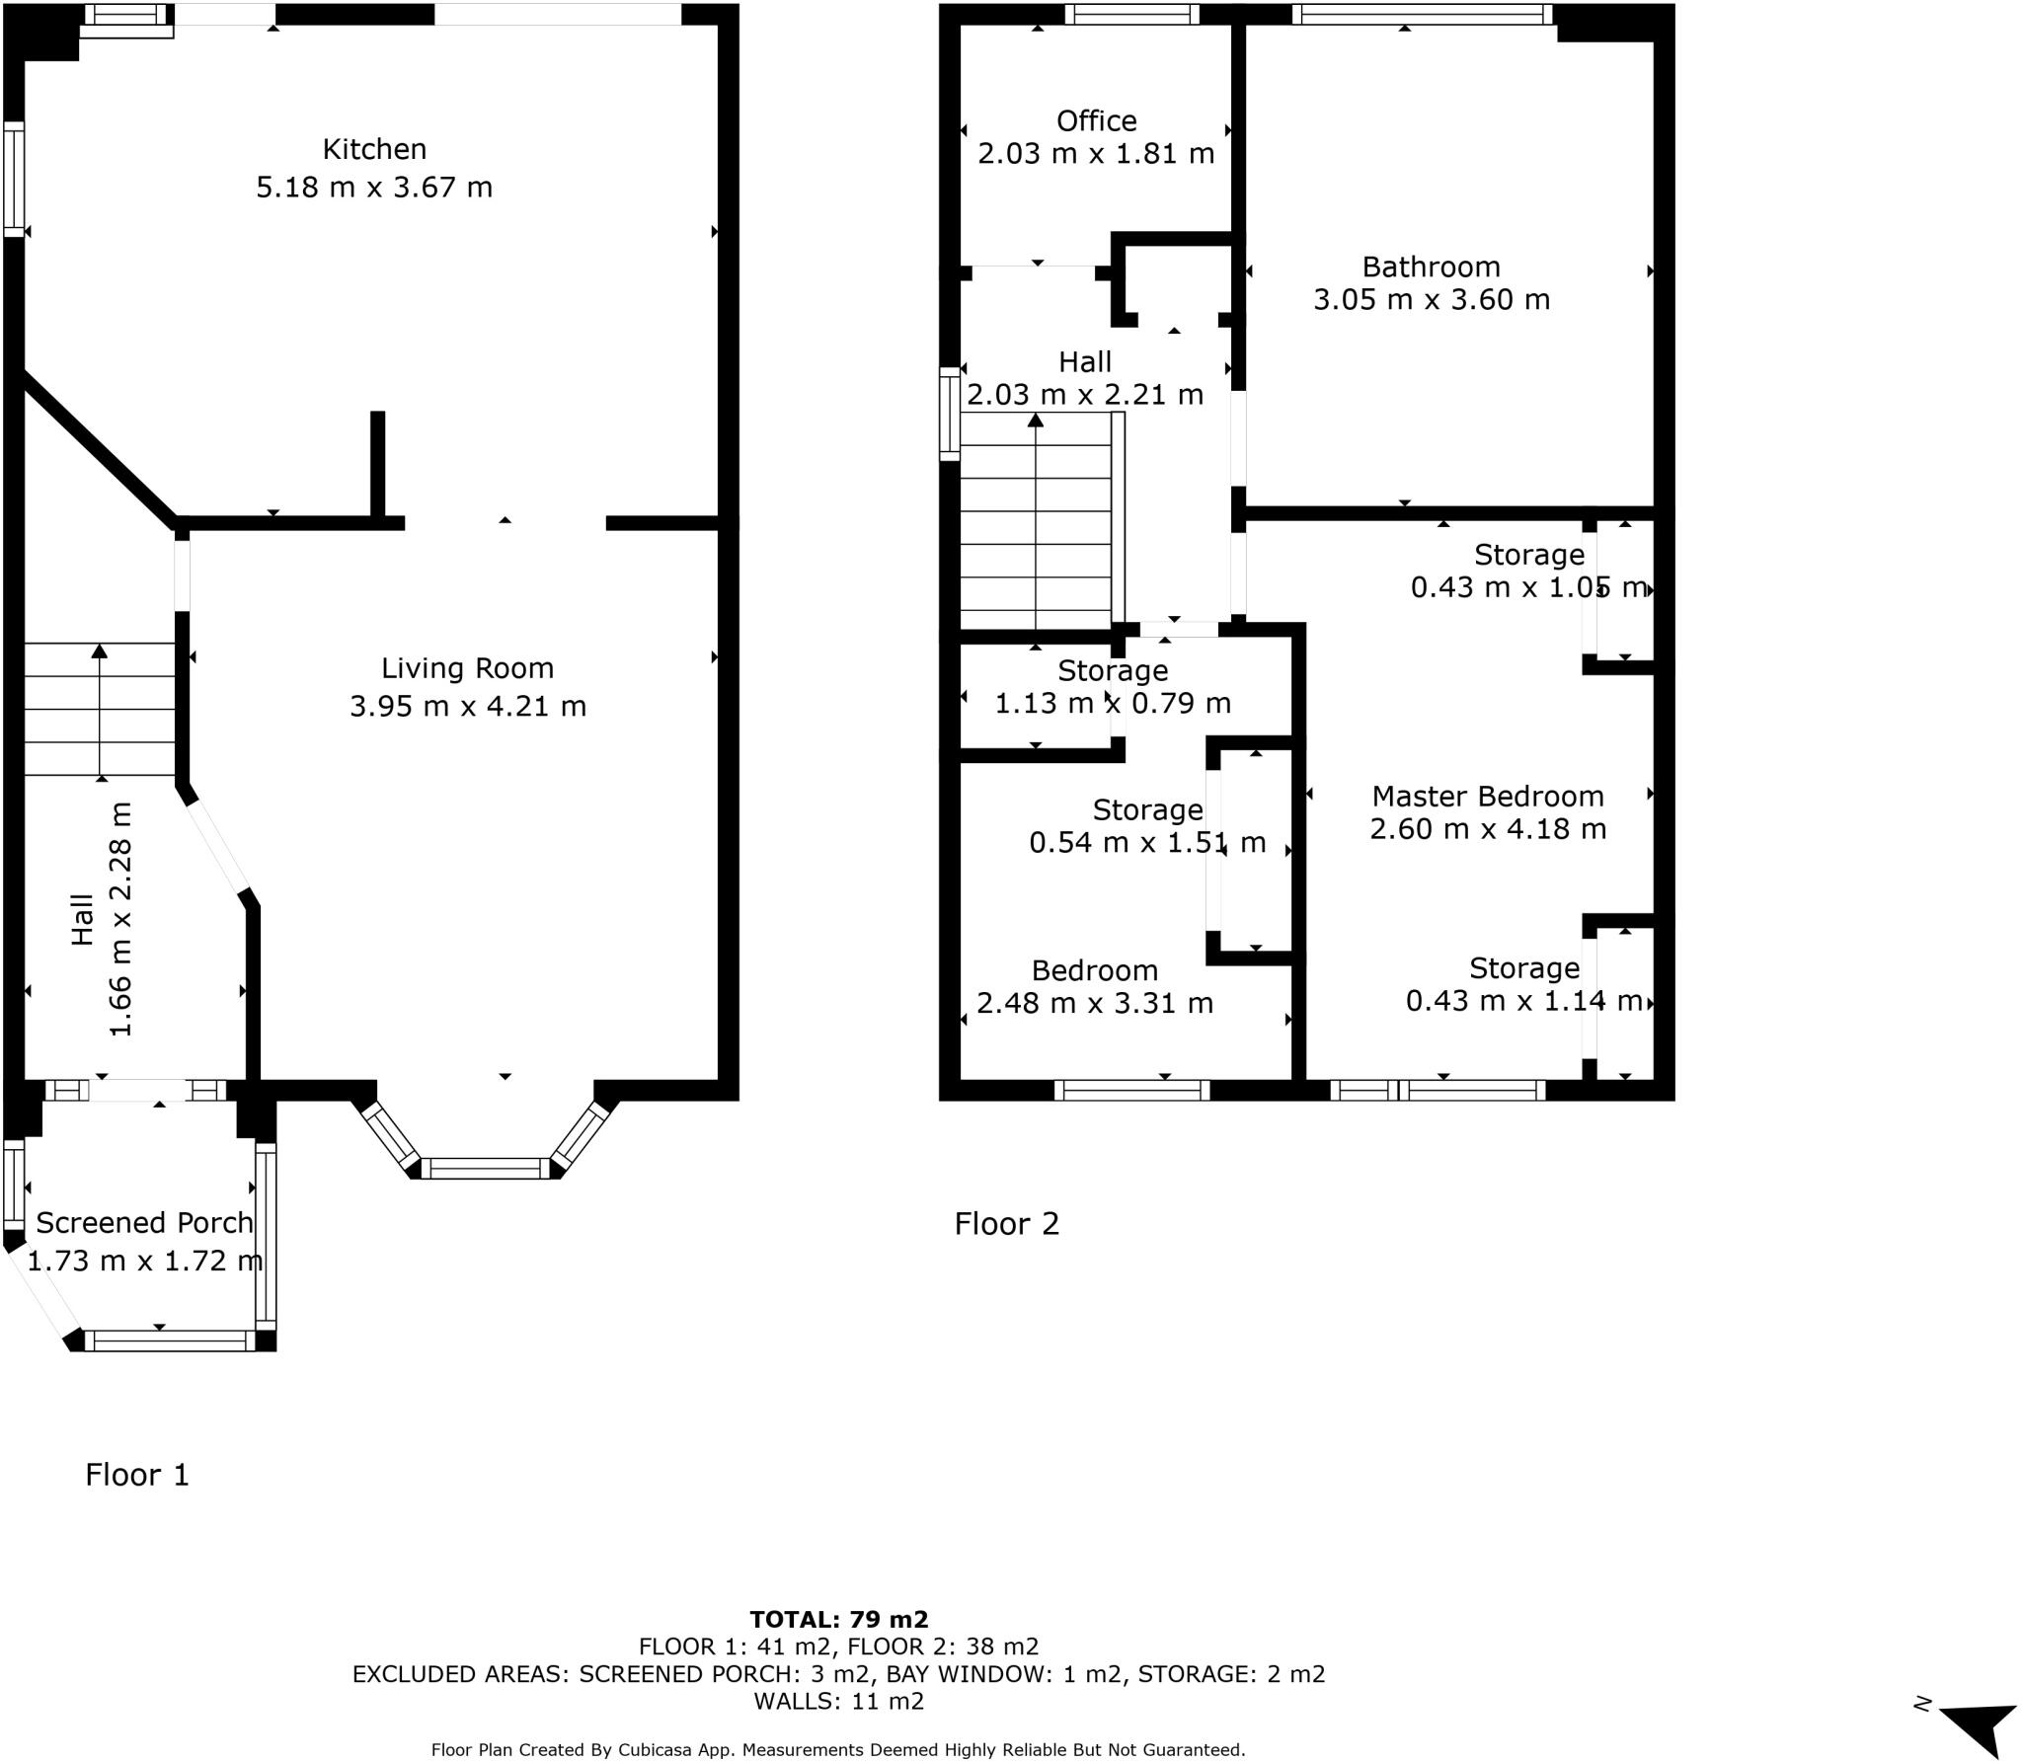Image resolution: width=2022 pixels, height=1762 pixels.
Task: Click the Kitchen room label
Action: (x=374, y=149)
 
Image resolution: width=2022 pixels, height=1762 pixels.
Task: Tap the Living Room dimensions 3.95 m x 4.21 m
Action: (x=468, y=706)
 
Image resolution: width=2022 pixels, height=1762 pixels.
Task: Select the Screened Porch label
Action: (x=144, y=1222)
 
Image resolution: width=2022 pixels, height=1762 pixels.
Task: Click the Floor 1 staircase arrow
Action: (x=100, y=707)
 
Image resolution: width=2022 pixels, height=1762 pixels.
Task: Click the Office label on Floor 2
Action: (x=1096, y=120)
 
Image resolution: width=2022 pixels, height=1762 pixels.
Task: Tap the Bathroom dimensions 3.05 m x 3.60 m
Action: (x=1431, y=299)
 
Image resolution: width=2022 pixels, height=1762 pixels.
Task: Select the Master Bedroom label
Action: (x=1487, y=796)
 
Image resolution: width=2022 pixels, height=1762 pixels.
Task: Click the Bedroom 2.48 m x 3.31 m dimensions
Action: (x=1094, y=1003)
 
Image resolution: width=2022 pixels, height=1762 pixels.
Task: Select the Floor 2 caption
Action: (x=1006, y=1224)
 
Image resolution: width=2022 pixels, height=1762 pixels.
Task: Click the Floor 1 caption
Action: (x=136, y=1475)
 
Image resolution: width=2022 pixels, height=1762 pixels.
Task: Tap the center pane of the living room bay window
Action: (x=485, y=1169)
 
